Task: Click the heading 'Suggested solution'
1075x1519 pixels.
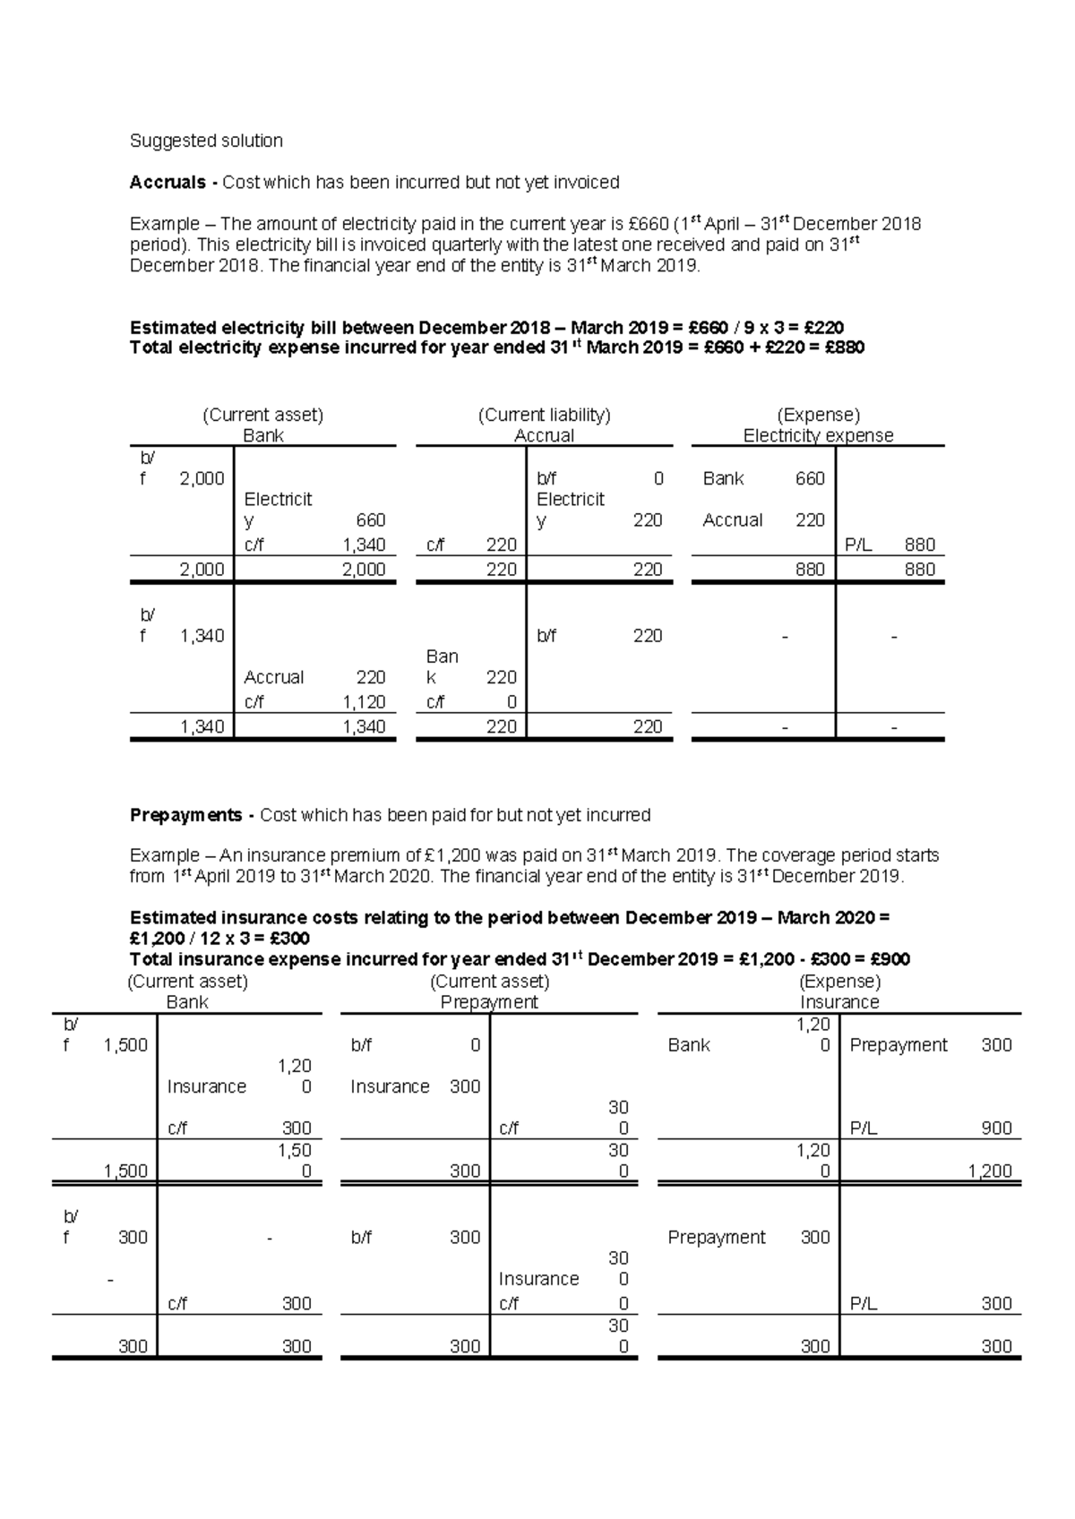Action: (x=206, y=141)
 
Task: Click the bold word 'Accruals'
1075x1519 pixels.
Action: (x=168, y=183)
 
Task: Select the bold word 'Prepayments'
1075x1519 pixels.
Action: (x=185, y=815)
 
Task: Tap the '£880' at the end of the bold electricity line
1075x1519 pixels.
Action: (x=844, y=348)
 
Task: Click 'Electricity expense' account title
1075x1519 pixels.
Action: (x=818, y=435)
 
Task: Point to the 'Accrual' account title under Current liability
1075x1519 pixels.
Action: (x=544, y=435)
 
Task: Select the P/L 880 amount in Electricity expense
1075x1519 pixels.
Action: (x=920, y=545)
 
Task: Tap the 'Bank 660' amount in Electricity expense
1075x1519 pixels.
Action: (x=810, y=478)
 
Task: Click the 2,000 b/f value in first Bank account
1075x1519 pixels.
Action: (x=202, y=478)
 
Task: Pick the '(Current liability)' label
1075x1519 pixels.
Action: (x=544, y=415)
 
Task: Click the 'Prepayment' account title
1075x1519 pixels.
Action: (x=489, y=1002)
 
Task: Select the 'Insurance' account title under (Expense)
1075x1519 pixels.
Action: (x=839, y=1002)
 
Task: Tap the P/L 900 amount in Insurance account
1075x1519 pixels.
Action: (x=996, y=1129)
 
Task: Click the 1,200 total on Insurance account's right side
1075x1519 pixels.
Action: (x=989, y=1171)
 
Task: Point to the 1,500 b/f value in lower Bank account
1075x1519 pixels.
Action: (x=125, y=1044)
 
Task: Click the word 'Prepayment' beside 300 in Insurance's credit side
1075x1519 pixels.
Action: (x=898, y=1044)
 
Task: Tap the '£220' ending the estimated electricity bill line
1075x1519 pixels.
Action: (x=822, y=327)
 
